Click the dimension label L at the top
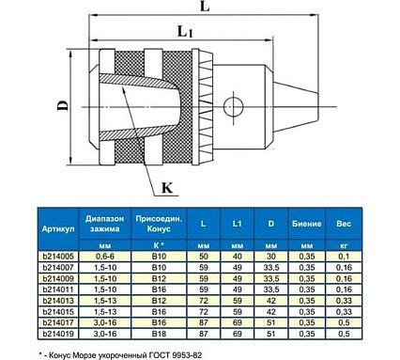pos(205,7)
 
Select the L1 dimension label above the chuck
pos(185,32)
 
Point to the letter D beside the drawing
pos(62,105)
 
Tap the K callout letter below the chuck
pos(167,188)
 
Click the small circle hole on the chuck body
pos(234,106)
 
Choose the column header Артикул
pos(58,228)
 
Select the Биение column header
pos(307,224)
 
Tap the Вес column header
pos(344,224)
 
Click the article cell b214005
pos(58,257)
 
